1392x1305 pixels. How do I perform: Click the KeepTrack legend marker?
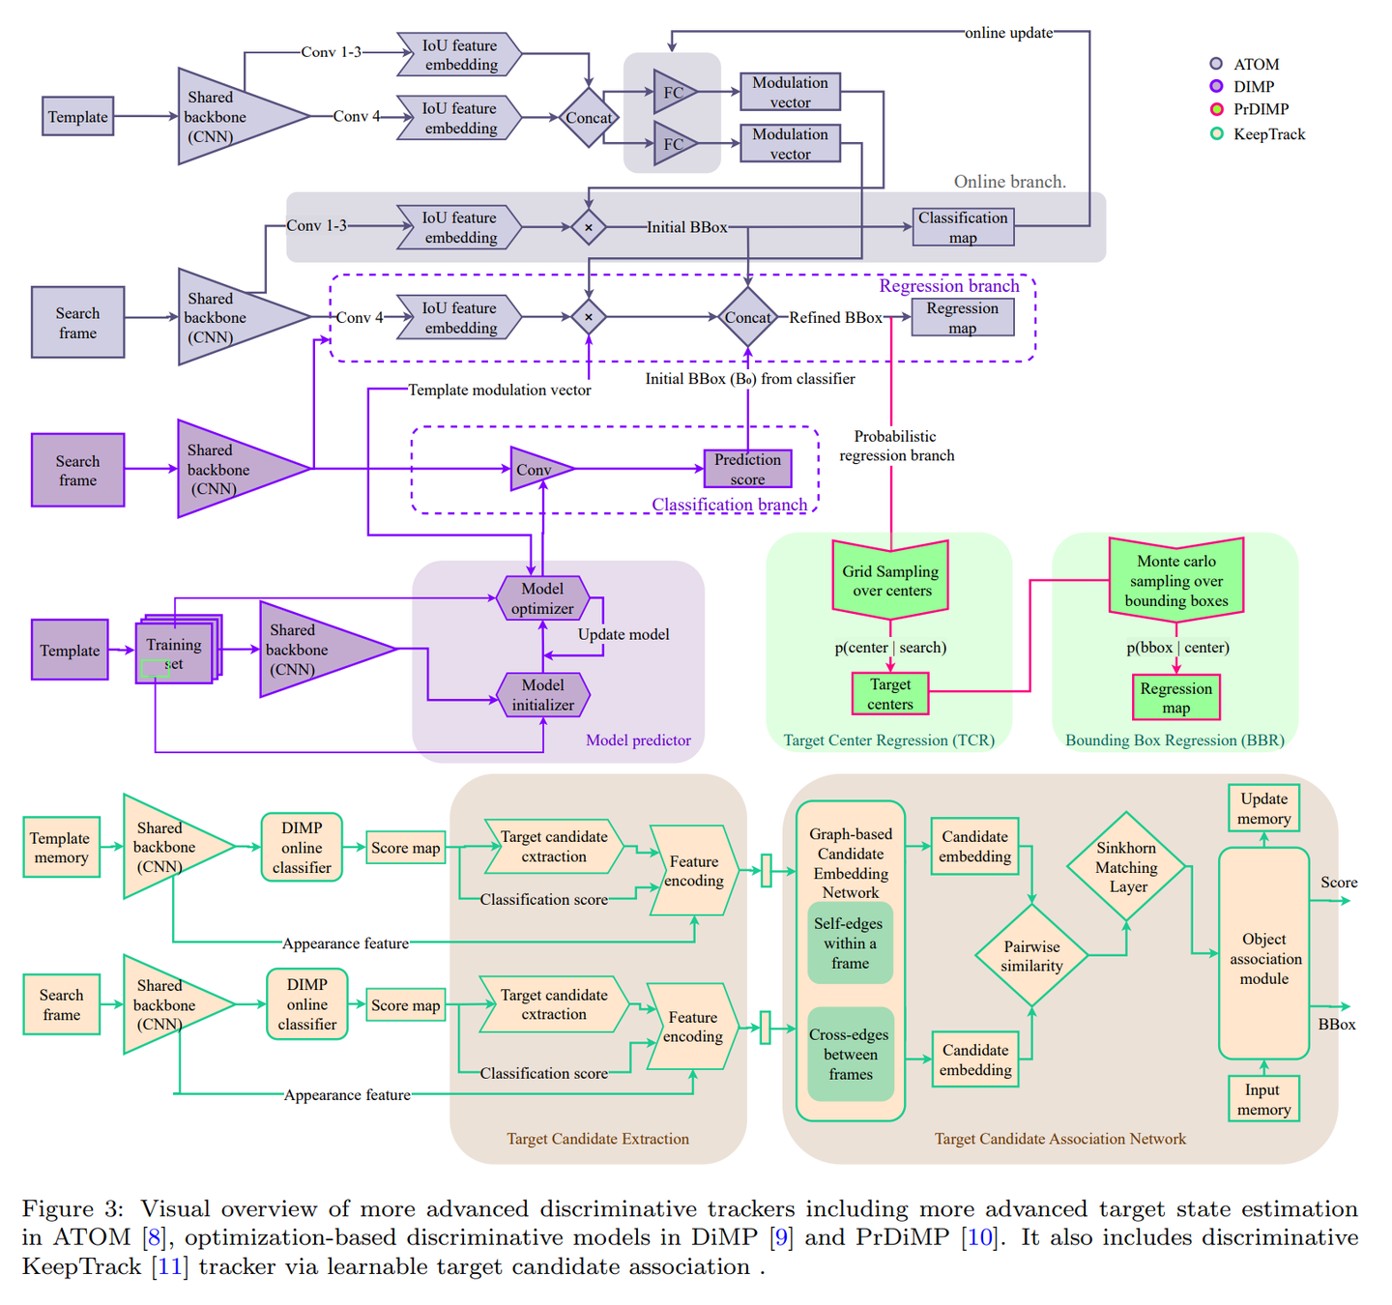click(1216, 133)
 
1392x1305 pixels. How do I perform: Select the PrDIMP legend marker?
click(1216, 109)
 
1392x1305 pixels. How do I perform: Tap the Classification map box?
click(963, 227)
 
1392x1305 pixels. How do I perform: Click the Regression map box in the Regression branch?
click(963, 317)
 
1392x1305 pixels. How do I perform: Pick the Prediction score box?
click(747, 469)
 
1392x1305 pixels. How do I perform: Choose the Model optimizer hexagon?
click(542, 598)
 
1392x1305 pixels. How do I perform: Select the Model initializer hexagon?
click(542, 695)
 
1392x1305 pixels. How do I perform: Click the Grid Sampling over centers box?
click(891, 580)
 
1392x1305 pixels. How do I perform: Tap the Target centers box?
click(889, 694)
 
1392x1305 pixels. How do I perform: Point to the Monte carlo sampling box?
click(1175, 580)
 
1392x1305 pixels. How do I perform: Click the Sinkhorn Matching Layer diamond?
click(1126, 867)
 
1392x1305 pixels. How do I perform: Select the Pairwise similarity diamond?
click(1031, 956)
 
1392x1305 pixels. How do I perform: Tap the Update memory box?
click(1263, 808)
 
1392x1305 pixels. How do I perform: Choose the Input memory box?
click(1263, 1099)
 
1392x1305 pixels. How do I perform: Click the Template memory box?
click(61, 848)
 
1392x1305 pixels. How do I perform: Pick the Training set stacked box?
click(175, 651)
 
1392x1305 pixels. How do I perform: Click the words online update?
click(1008, 33)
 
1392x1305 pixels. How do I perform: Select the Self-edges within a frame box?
click(850, 943)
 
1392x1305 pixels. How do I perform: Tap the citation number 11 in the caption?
click(170, 1266)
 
